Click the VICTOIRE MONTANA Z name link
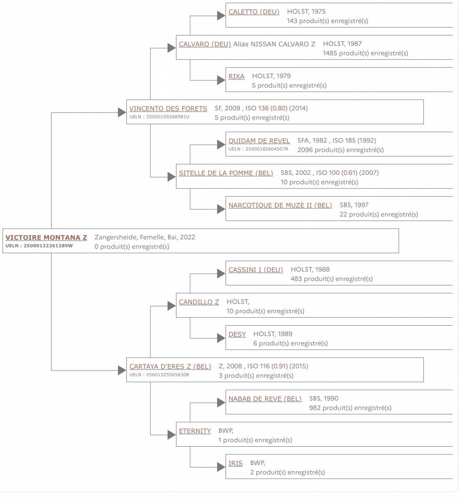[x=46, y=237]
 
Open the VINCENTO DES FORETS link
[x=168, y=109]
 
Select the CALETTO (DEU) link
[x=254, y=12]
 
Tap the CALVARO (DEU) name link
[x=205, y=44]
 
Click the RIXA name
[x=237, y=76]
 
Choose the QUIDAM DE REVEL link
[x=259, y=141]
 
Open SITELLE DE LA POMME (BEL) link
[x=226, y=173]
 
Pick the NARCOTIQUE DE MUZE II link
[x=280, y=206]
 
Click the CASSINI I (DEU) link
[x=256, y=270]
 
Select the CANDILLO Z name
[x=199, y=302]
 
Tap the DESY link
[x=237, y=335]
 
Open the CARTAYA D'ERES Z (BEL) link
[x=170, y=367]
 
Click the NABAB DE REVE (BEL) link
[x=265, y=399]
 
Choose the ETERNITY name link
[x=195, y=432]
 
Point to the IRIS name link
[x=235, y=463]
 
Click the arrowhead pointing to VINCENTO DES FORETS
[x=122, y=113]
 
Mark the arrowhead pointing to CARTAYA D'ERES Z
[x=122, y=371]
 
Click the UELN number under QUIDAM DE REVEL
[x=258, y=149]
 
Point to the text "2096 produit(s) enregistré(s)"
[x=340, y=150]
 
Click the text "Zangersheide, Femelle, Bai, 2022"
[x=145, y=237]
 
